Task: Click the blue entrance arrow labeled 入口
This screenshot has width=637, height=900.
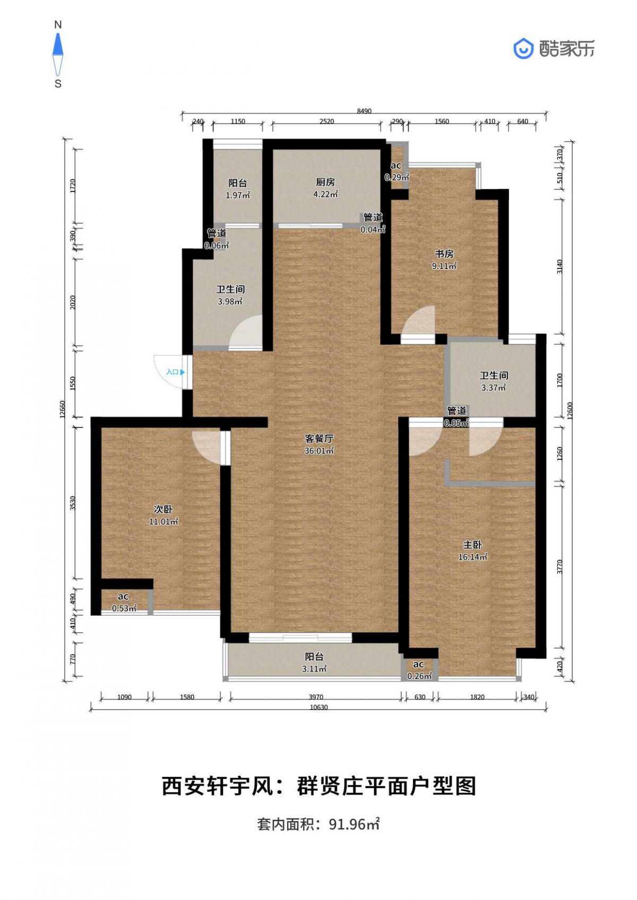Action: tap(183, 372)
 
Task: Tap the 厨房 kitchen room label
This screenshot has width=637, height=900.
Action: tap(325, 182)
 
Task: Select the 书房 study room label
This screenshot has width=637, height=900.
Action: tap(444, 254)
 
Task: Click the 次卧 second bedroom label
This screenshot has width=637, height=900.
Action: tap(163, 510)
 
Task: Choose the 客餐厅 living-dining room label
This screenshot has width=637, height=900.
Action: tap(319, 439)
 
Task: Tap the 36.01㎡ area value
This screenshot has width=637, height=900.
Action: tap(319, 451)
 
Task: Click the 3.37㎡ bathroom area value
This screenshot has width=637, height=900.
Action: tap(494, 388)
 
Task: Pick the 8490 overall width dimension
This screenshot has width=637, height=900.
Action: tap(364, 111)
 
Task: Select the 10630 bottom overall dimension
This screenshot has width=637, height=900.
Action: tap(318, 707)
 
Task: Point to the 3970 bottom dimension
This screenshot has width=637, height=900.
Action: tap(316, 697)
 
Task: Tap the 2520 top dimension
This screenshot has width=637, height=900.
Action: tap(326, 121)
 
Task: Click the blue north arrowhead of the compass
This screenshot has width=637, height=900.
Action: tap(58, 44)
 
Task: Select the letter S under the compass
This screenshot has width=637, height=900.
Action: tap(58, 84)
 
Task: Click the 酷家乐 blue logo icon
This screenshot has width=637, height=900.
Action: tap(523, 49)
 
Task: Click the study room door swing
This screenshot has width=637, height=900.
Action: tap(418, 320)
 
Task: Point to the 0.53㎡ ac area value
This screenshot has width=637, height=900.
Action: tap(124, 608)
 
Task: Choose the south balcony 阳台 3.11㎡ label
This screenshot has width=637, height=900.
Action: tap(314, 662)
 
